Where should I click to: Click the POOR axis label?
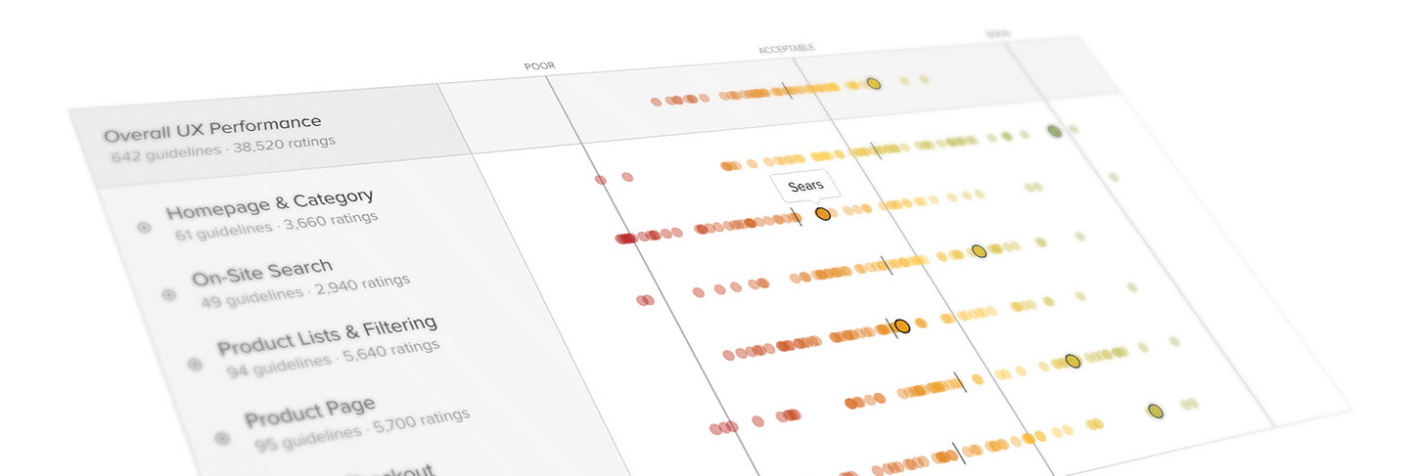(x=539, y=66)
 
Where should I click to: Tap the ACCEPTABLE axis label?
(x=786, y=49)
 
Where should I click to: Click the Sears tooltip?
(x=805, y=186)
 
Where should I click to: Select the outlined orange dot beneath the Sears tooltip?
(x=823, y=213)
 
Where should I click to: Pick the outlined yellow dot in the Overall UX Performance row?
(x=874, y=84)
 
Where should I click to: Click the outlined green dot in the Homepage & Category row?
(x=1054, y=131)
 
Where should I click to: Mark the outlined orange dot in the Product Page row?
(x=901, y=325)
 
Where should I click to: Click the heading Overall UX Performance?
(x=212, y=127)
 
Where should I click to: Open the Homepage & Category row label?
(x=268, y=205)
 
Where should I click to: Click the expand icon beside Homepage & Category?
(x=144, y=228)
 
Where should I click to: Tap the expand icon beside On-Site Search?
(x=168, y=294)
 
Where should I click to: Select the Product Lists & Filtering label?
(x=326, y=335)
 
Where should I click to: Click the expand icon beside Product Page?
(x=222, y=438)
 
